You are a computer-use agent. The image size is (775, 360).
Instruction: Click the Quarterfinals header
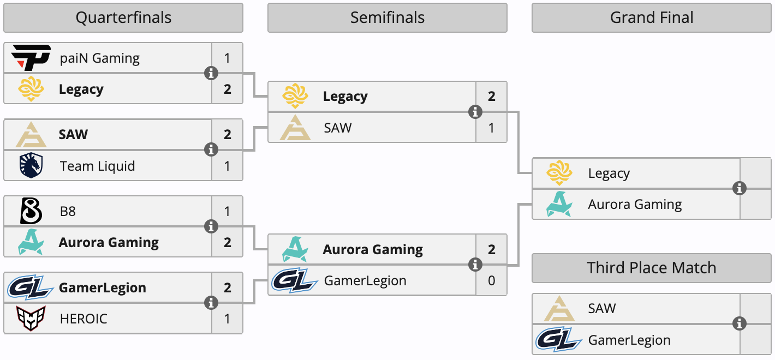point(123,18)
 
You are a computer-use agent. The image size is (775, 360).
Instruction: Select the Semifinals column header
point(387,18)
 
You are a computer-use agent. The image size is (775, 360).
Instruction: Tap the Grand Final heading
point(652,18)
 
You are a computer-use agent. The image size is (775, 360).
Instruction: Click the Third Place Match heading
point(652,268)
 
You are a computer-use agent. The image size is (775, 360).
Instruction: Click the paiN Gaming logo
point(31,58)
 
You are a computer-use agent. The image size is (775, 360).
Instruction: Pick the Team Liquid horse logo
point(31,165)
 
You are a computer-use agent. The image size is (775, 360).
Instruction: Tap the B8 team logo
point(31,211)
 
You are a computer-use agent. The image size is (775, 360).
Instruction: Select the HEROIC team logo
point(31,319)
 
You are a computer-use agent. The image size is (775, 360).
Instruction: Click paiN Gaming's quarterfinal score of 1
point(228,58)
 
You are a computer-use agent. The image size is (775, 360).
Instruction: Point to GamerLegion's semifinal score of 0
point(492,280)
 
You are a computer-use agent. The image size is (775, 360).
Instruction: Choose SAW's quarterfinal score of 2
point(228,134)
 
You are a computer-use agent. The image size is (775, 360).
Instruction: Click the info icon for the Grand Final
point(740,188)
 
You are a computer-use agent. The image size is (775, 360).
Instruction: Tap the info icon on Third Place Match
point(740,323)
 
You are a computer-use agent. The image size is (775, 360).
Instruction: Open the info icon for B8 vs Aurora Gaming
point(211,226)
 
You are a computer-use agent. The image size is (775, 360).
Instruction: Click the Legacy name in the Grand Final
point(609,173)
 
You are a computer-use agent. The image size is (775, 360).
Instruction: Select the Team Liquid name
point(97,166)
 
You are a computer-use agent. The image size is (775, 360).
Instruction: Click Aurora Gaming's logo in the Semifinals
point(295,249)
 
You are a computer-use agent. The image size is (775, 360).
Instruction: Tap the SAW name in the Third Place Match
point(602,308)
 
